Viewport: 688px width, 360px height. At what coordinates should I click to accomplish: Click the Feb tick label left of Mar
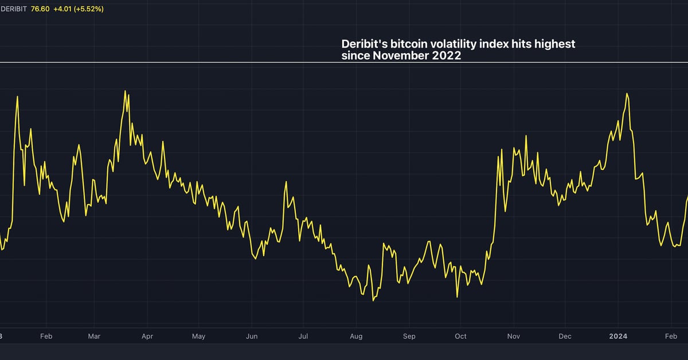(x=46, y=336)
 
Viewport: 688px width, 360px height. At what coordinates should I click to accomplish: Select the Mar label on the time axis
(x=94, y=336)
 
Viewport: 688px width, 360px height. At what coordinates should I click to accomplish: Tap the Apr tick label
(x=147, y=336)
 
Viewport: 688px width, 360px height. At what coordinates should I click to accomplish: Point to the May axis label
(x=199, y=336)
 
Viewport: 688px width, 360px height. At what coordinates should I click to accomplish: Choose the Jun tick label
(x=252, y=336)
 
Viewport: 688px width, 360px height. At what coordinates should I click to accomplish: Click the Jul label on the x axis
(x=303, y=336)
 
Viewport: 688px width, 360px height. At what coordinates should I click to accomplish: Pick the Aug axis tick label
(x=356, y=336)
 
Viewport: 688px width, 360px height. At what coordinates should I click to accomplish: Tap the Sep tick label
(x=409, y=336)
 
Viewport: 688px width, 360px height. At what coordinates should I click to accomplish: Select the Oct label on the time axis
(x=460, y=336)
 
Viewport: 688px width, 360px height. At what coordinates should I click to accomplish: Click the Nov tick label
(x=514, y=336)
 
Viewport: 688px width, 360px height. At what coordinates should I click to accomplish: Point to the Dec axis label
(x=565, y=336)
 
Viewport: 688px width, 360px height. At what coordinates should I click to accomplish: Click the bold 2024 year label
(x=618, y=336)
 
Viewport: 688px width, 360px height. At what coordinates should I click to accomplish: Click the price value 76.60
(x=41, y=10)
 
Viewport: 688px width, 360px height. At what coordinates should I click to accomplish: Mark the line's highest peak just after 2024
(x=627, y=93)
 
